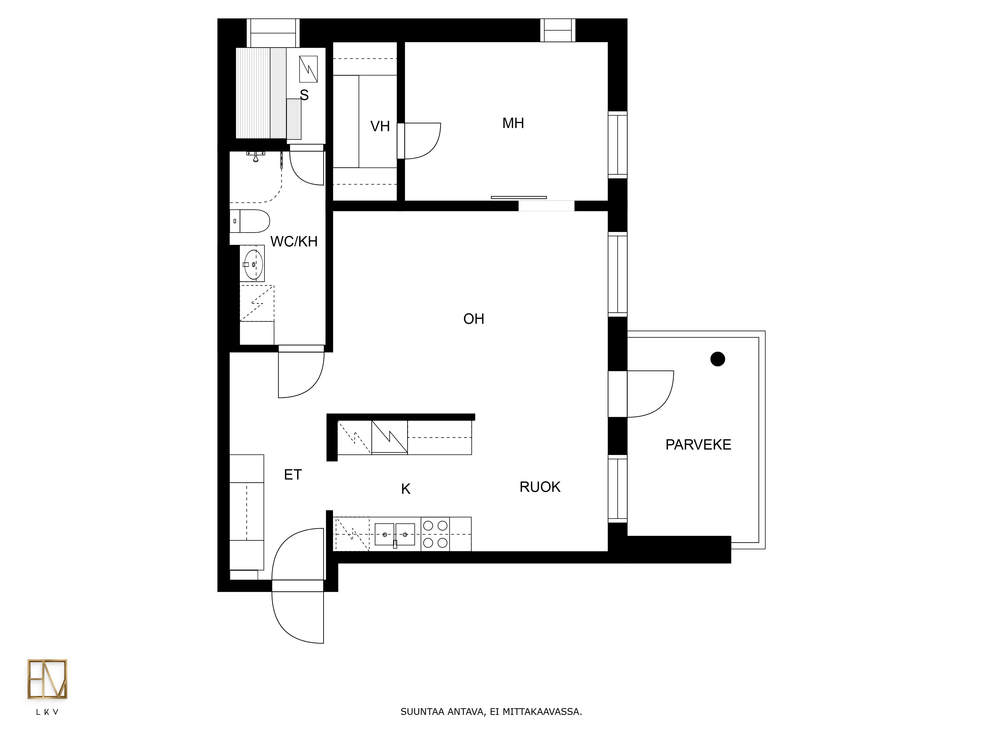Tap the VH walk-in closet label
(380, 127)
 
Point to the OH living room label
(474, 319)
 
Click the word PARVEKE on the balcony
(698, 445)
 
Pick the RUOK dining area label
(540, 487)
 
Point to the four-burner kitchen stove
(435, 534)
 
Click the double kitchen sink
(395, 534)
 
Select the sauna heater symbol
(308, 69)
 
